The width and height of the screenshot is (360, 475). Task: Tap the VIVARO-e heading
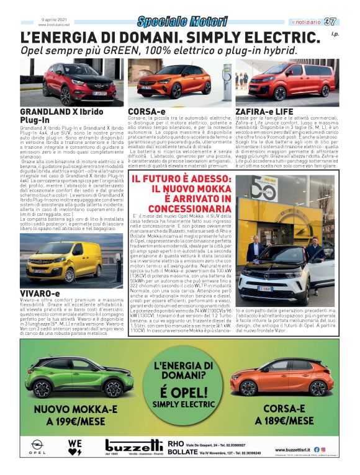pos(40,293)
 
